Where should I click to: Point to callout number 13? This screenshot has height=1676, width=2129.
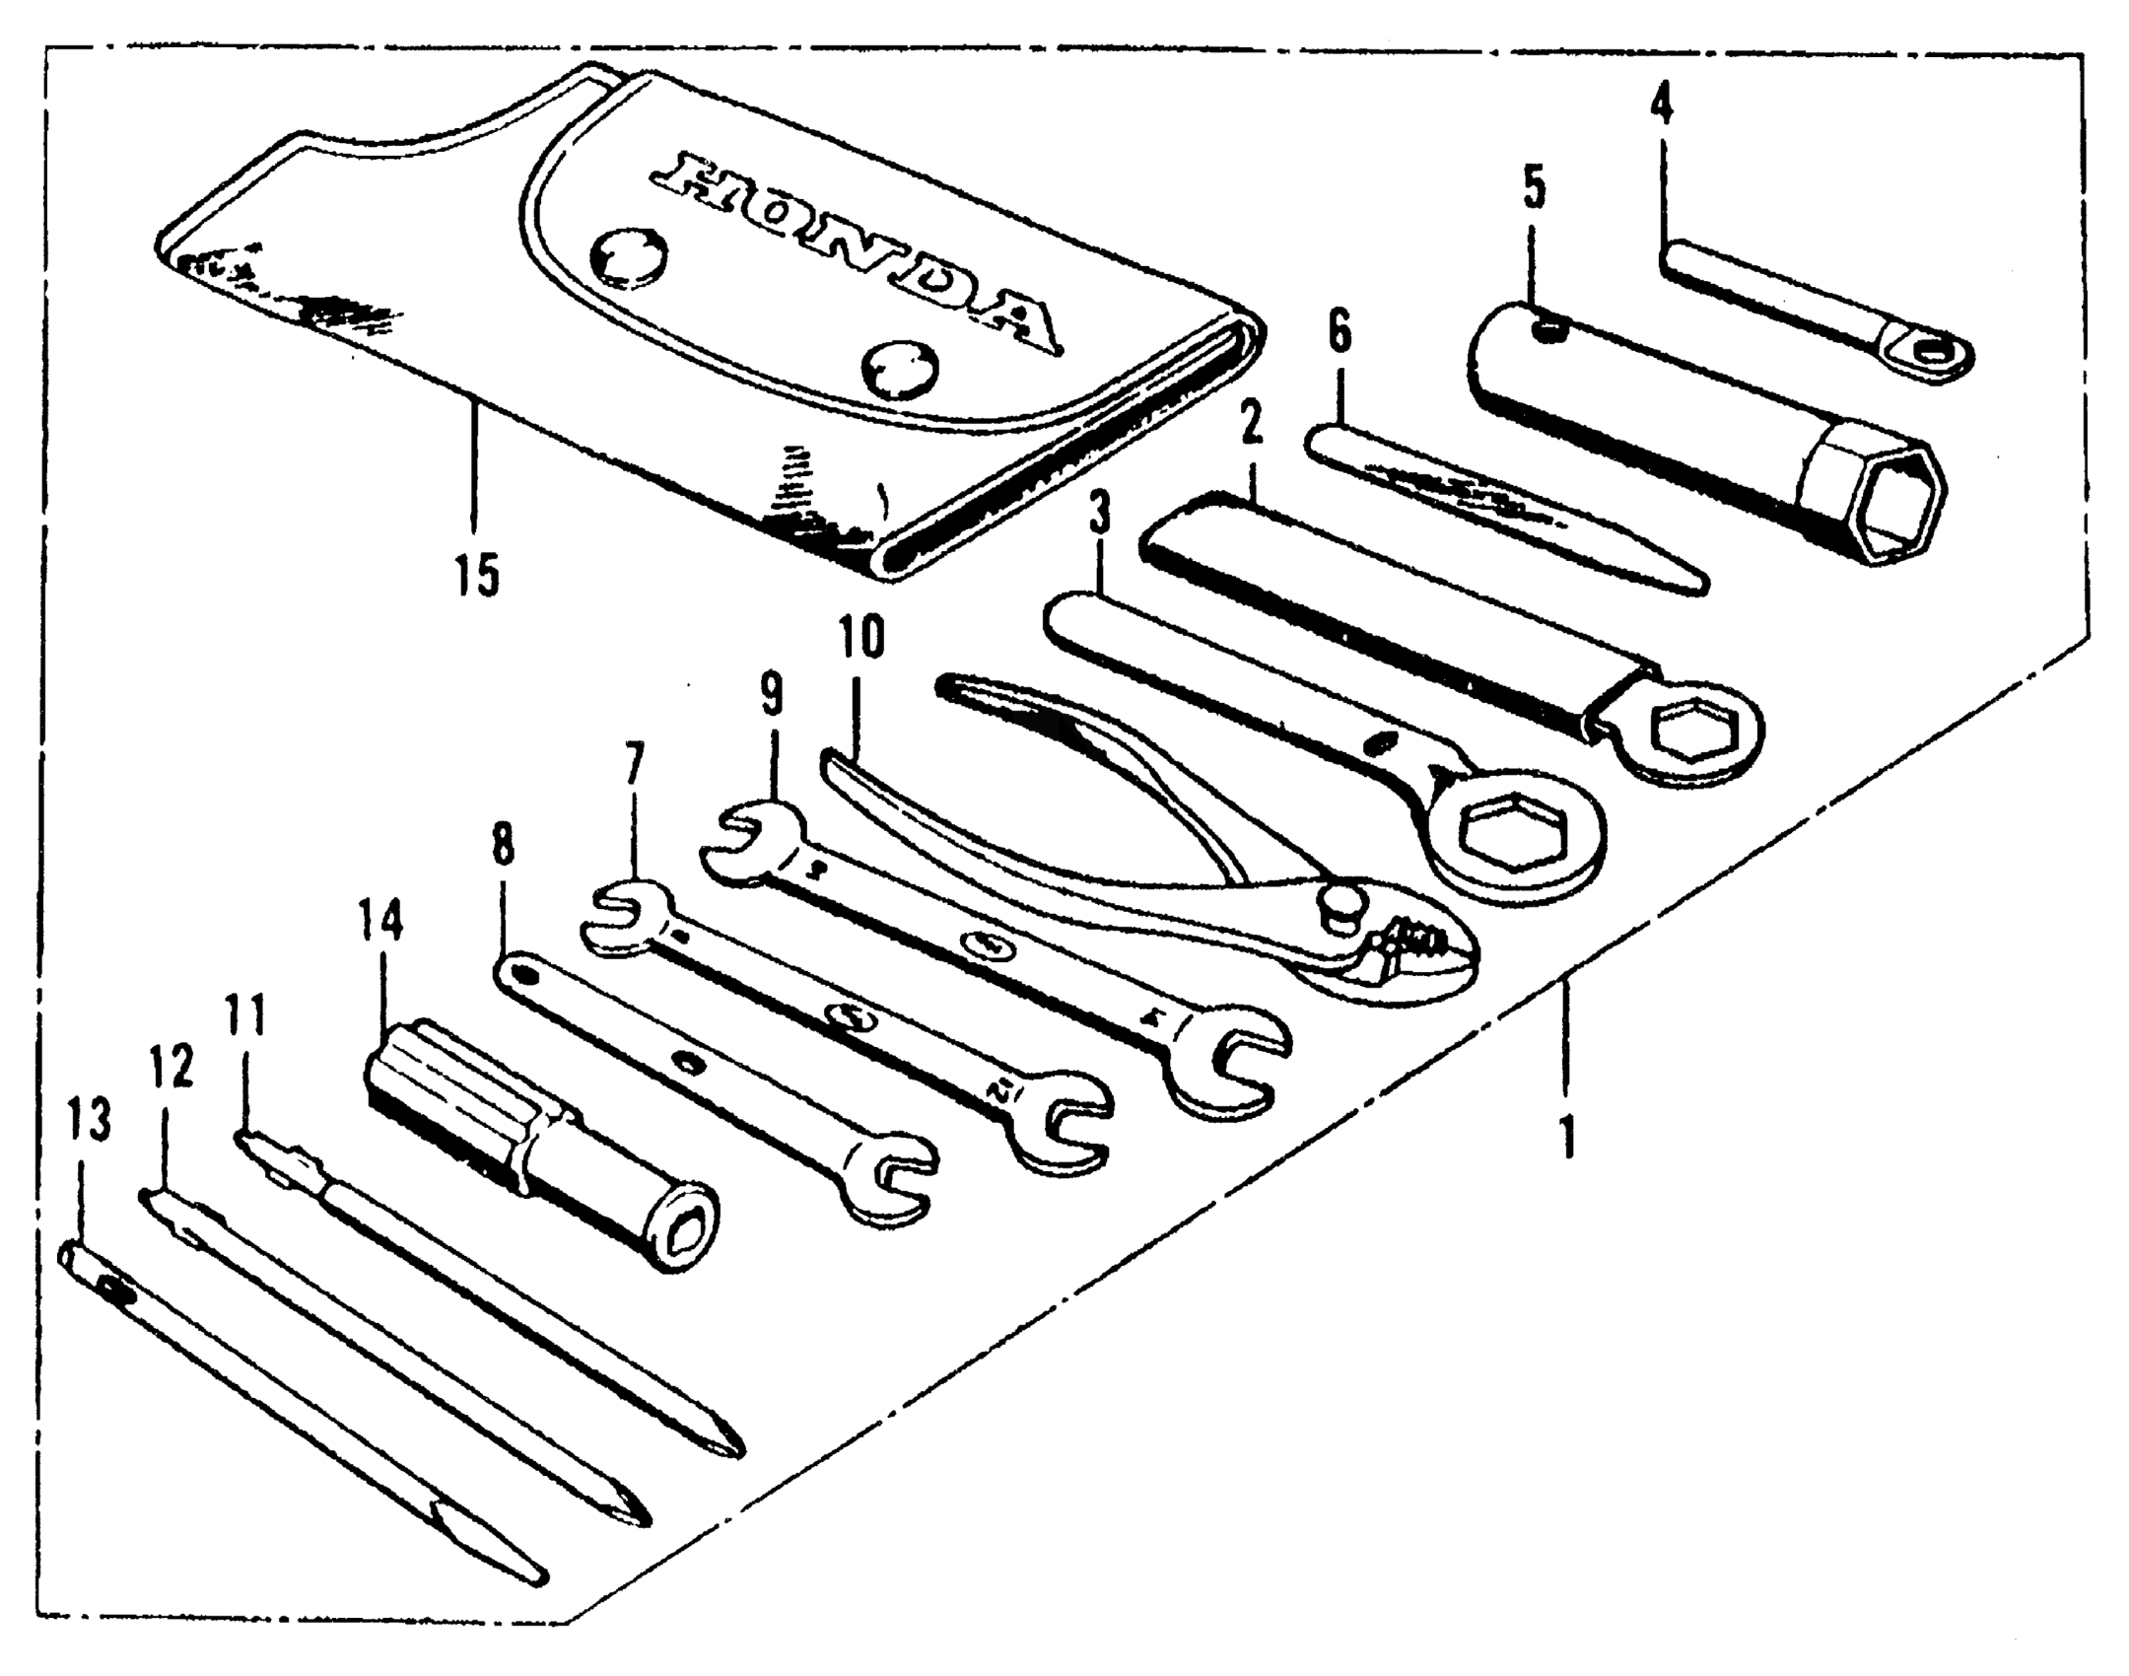(x=89, y=1121)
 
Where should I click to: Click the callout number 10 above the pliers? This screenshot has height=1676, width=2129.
(x=861, y=638)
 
